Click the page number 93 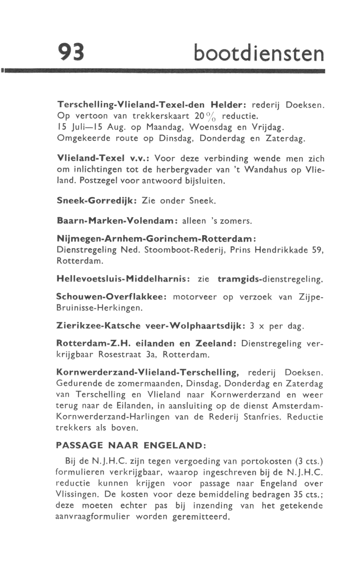point(71,53)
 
